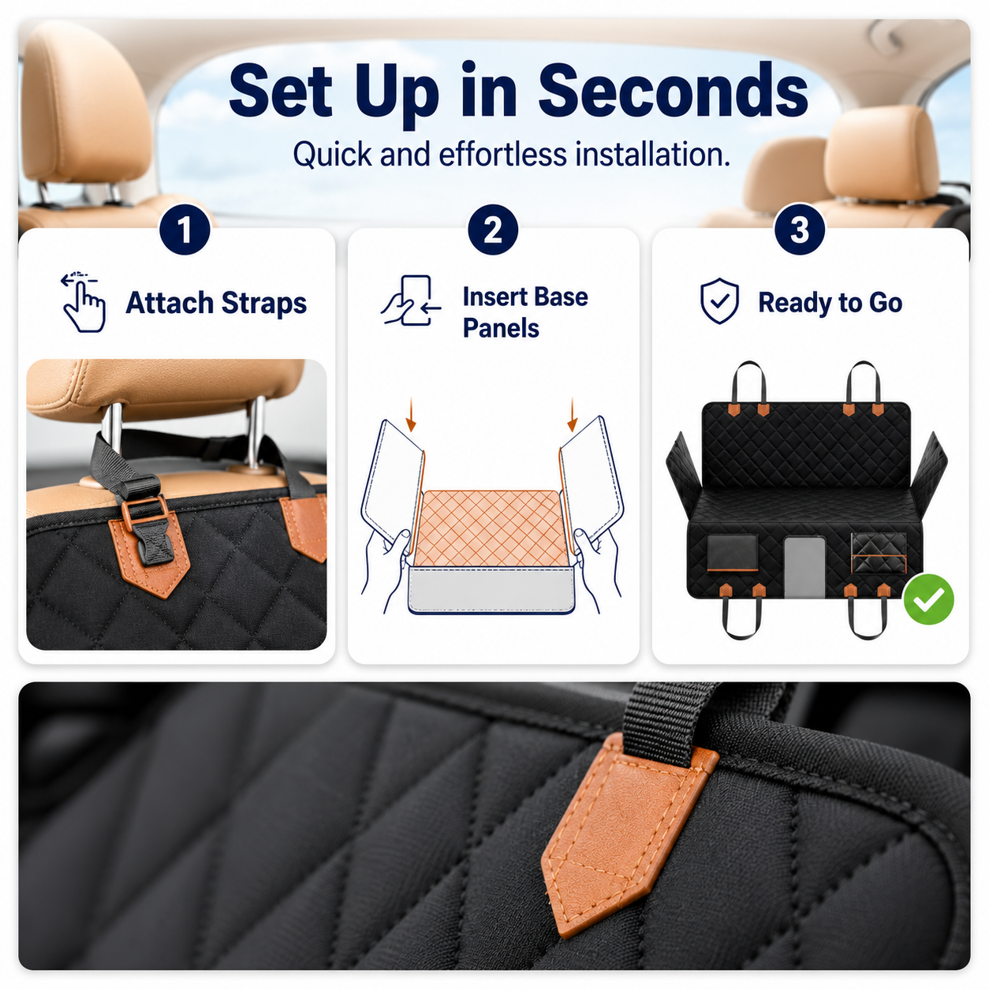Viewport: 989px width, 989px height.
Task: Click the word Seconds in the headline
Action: (x=673, y=91)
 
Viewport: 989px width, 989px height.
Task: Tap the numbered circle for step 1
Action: (x=185, y=230)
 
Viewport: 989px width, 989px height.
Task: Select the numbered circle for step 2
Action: (x=493, y=230)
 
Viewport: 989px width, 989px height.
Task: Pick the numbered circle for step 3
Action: (x=800, y=230)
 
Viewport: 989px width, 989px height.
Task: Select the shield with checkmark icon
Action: (x=719, y=301)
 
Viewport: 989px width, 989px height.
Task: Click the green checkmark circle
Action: (x=928, y=599)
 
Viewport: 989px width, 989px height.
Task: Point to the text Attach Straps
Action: (x=216, y=303)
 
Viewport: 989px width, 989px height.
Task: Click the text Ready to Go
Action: (x=830, y=303)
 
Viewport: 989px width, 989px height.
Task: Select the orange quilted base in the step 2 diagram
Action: (x=491, y=528)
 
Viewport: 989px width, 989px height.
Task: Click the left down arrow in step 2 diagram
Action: (x=411, y=414)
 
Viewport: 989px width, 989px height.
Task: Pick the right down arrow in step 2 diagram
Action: (x=573, y=414)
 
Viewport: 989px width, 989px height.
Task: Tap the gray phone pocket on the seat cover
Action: (x=804, y=567)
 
